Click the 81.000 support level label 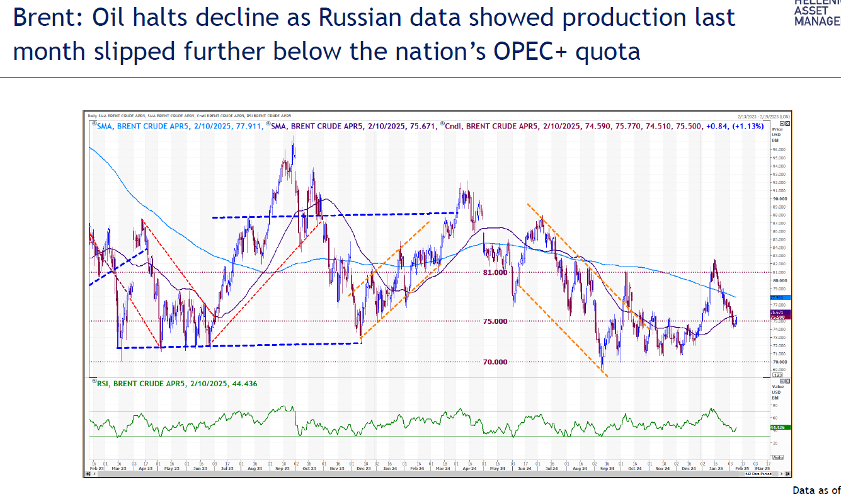[495, 273]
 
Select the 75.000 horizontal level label [495, 321]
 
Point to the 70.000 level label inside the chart [495, 362]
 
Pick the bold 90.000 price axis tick [778, 198]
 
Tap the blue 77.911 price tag [777, 297]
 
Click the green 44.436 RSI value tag [777, 427]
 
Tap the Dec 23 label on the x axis [364, 469]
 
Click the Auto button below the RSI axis [777, 457]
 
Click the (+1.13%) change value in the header [748, 126]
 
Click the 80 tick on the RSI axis [774, 406]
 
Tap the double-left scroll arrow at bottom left [89, 474]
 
